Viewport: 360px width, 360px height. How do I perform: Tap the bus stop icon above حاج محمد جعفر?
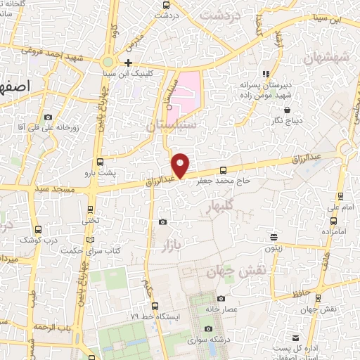click(224, 169)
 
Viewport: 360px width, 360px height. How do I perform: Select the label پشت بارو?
click(99, 172)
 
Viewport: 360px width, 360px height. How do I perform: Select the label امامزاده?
click(334, 231)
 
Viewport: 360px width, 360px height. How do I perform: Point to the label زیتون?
click(274, 247)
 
